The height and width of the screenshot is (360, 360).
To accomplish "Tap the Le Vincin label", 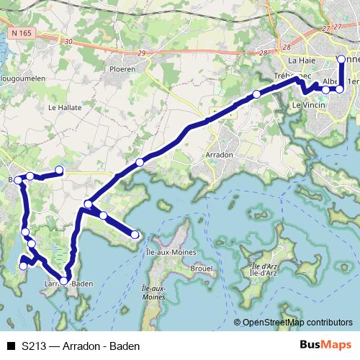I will pos(307,105).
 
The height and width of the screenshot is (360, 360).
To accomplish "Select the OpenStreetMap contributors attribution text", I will pos(298,323).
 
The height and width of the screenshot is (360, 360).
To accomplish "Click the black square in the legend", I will pos(10,346).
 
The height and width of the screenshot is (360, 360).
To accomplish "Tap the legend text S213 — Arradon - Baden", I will pos(80,346).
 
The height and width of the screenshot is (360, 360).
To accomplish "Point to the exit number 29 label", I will pos(140,54).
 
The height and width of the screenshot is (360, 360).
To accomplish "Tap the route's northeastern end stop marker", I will pos(341,60).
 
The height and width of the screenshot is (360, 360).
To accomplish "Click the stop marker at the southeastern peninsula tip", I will pos(135,234).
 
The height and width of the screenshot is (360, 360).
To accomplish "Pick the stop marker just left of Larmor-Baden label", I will pos(64,281).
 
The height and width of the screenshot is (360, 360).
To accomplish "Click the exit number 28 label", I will pos(263,52).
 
